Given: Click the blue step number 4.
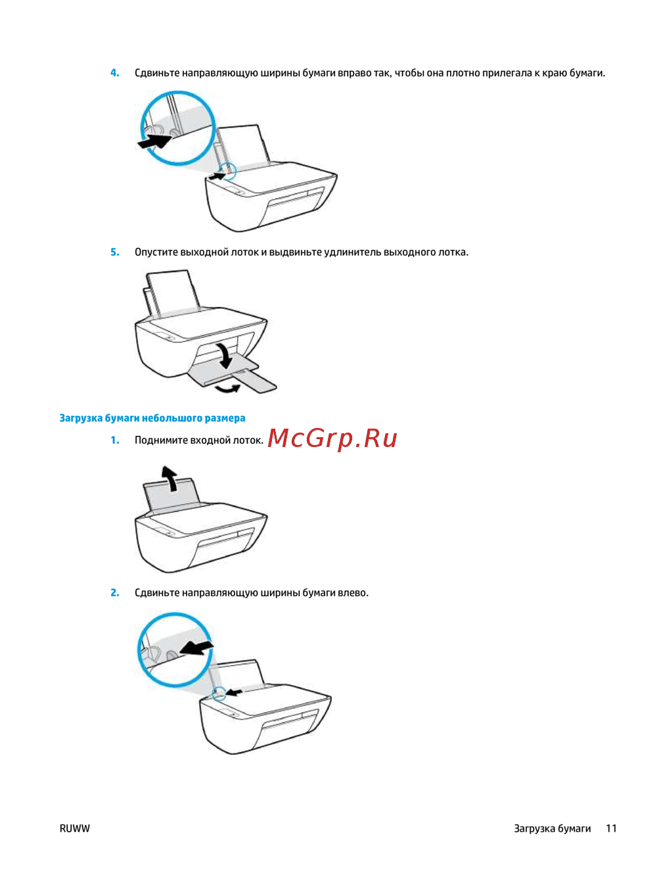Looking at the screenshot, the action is [x=115, y=73].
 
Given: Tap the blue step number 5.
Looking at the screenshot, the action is [x=115, y=252].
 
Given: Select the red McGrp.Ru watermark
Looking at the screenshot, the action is [x=332, y=439].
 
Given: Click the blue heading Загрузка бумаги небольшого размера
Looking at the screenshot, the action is [x=152, y=418].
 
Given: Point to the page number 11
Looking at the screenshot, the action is [x=611, y=828].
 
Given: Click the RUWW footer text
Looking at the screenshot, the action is [x=74, y=828].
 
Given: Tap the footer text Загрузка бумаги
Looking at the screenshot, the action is [x=553, y=829].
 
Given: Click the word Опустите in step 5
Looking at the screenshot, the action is [x=156, y=252].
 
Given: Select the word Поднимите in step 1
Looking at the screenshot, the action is [x=162, y=440].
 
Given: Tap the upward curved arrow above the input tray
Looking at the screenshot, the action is [x=170, y=479].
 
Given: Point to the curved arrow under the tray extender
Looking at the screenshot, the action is [x=227, y=388].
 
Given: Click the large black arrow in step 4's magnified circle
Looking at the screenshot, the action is [x=154, y=141].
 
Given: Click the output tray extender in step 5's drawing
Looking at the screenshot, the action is [x=256, y=381].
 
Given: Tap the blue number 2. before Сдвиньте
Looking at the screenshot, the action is [x=115, y=593].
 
